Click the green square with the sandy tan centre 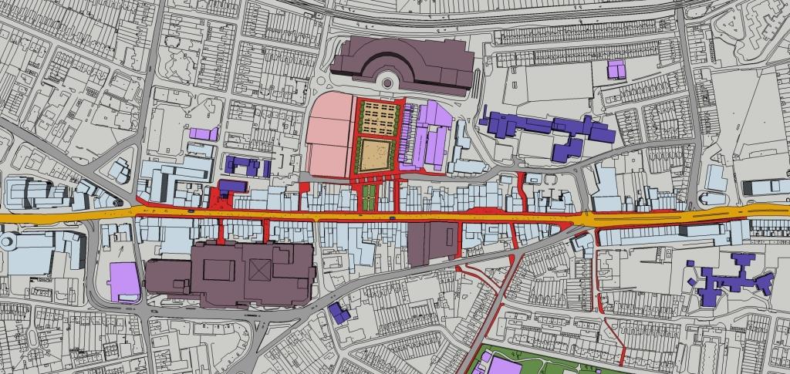pyautogui.click(x=378, y=152)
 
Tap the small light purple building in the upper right pyautogui.click(x=616, y=69)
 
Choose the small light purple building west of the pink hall pyautogui.click(x=204, y=133)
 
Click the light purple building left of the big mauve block pyautogui.click(x=124, y=281)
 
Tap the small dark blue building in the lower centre pyautogui.click(x=339, y=312)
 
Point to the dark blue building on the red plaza pyautogui.click(x=231, y=187)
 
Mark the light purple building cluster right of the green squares pyautogui.click(x=429, y=136)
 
